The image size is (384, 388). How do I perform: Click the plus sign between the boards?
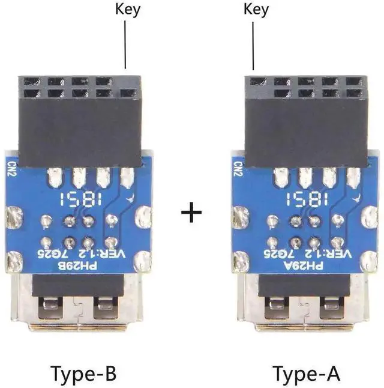[x=191, y=213]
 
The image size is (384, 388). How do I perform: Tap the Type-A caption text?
[x=307, y=374]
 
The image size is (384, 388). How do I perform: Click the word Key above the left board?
[x=127, y=10]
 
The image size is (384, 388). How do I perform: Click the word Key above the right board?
[x=256, y=10]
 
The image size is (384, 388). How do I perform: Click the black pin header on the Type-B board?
[x=80, y=120]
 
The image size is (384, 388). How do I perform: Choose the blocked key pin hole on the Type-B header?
[x=126, y=80]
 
